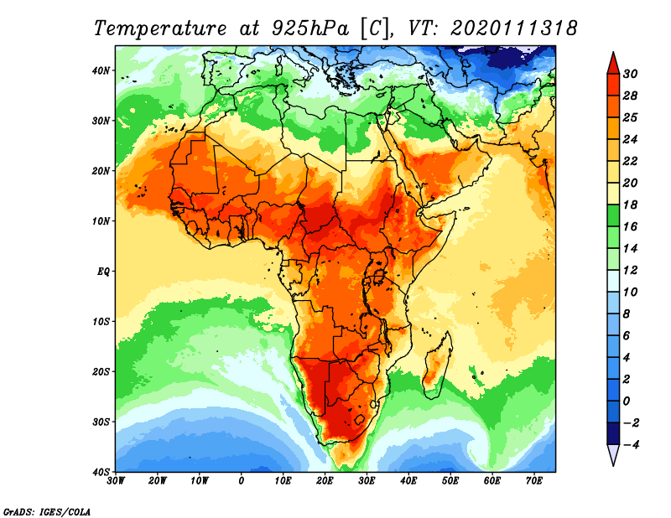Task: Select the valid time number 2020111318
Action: tap(514, 27)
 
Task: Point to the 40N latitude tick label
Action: tap(101, 70)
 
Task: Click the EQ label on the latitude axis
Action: tap(103, 271)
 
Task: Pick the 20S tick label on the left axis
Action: tap(101, 371)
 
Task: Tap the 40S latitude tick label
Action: tap(101, 471)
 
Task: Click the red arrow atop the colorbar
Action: tap(614, 62)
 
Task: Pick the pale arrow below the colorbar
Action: tap(614, 456)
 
